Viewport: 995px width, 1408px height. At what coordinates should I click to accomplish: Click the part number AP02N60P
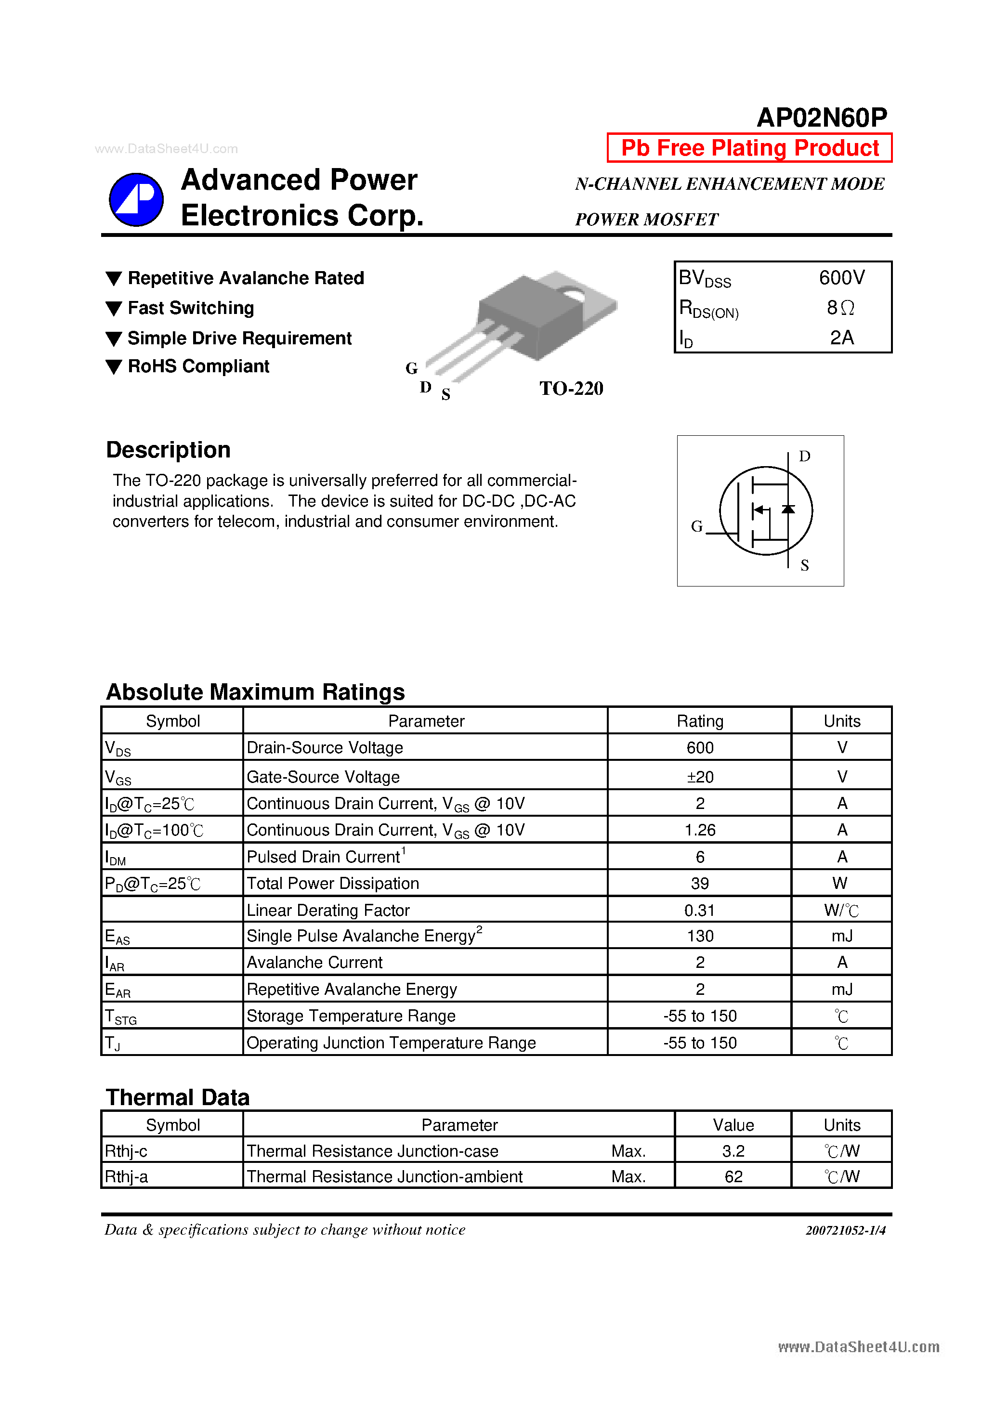(x=822, y=117)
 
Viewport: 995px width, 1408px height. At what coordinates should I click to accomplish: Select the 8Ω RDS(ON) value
(x=840, y=308)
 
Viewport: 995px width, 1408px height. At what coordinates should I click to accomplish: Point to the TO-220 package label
(x=571, y=388)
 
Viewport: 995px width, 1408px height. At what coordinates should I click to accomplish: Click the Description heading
(x=168, y=449)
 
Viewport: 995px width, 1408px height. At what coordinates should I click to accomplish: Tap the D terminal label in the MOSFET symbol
(x=804, y=456)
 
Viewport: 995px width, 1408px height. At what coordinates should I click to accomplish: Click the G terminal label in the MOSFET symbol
(x=696, y=526)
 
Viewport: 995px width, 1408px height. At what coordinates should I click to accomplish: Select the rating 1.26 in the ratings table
(x=699, y=830)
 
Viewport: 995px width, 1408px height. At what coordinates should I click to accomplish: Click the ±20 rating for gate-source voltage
(x=699, y=777)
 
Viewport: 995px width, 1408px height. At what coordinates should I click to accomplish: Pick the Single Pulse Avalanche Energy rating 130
(x=699, y=936)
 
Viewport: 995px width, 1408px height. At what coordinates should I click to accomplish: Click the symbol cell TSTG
(x=121, y=1017)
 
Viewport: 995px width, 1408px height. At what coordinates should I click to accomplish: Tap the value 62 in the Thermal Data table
(x=733, y=1176)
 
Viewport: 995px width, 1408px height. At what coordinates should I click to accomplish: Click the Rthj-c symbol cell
(x=126, y=1151)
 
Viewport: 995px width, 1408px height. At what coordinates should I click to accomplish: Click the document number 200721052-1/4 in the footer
(x=845, y=1230)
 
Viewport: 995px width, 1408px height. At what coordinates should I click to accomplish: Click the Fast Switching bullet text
(x=190, y=308)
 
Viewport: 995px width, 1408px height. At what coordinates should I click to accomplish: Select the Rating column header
(x=699, y=721)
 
